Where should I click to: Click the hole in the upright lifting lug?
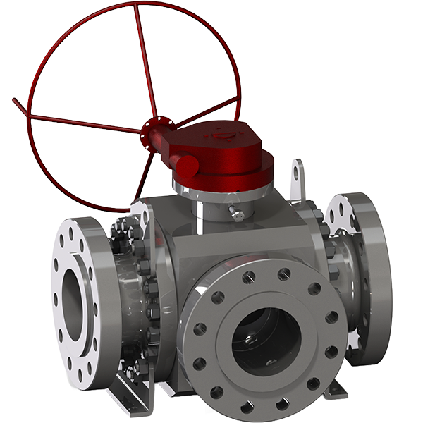[298, 171]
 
